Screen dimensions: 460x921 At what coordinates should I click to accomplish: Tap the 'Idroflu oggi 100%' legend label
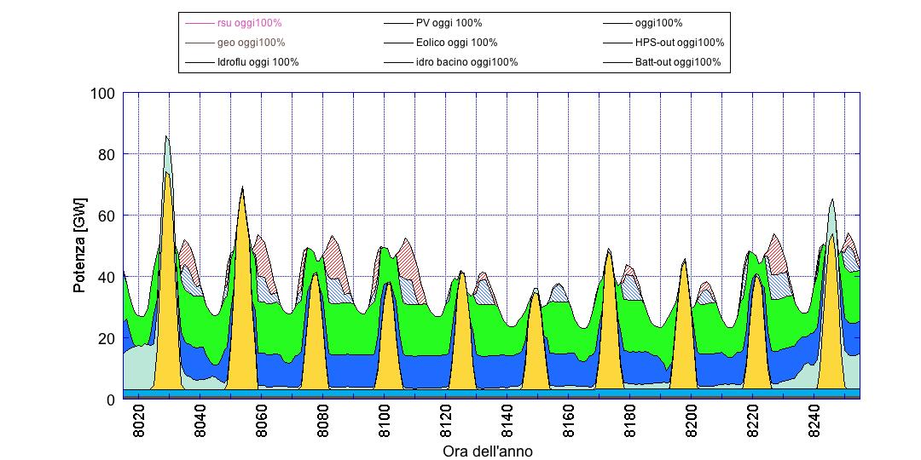pos(258,62)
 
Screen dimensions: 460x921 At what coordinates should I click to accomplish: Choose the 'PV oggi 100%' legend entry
pos(449,23)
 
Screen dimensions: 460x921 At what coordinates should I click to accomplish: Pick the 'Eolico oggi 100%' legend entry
pos(457,43)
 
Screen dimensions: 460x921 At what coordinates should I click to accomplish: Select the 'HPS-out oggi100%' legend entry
pos(679,43)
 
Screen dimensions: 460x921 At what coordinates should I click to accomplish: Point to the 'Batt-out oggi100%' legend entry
pos(677,62)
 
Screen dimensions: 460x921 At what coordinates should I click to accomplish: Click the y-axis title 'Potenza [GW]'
pos(80,246)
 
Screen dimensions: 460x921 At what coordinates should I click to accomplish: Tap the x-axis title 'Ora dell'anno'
pos(488,451)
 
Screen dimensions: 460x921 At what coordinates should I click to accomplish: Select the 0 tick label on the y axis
pos(110,400)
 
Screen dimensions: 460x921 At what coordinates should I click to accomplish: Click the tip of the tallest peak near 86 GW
pos(166,136)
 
